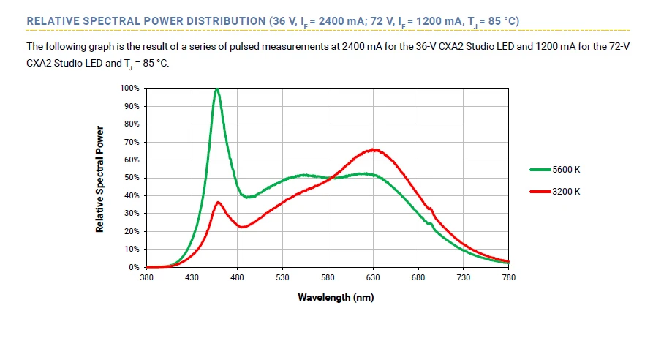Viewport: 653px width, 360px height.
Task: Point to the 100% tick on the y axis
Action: (129, 88)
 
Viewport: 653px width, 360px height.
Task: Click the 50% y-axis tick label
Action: (132, 178)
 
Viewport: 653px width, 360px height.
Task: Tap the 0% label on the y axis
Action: (134, 267)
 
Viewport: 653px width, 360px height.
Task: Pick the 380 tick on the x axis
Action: (146, 278)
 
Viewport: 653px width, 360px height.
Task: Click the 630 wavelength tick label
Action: (373, 278)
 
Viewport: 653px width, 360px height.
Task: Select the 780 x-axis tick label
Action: (509, 278)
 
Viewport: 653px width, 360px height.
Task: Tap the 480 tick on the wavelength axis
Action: (237, 278)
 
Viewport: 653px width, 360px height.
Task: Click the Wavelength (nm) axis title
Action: (328, 297)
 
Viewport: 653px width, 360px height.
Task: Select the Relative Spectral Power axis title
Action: (99, 179)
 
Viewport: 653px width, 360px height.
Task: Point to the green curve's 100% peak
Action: (217, 89)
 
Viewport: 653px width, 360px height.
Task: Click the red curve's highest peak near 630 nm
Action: (374, 149)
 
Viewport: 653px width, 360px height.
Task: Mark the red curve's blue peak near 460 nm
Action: (218, 202)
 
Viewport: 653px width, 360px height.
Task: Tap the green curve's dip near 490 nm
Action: (249, 197)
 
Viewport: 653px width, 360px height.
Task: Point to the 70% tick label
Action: (132, 142)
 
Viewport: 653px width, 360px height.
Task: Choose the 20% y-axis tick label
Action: (132, 231)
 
